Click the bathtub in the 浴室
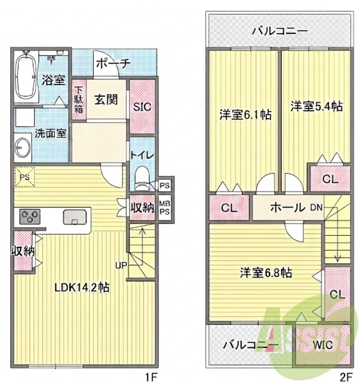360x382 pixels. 26,76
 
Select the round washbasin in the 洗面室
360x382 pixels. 23,148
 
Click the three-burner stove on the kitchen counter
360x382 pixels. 30,217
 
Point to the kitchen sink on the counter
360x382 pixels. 74,217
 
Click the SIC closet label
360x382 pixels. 142,106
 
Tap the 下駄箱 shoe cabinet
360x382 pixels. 79,100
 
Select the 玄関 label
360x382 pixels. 106,99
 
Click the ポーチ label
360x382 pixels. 113,63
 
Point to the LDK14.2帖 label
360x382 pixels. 81,288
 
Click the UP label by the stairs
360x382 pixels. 121,265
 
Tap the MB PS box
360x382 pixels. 165,208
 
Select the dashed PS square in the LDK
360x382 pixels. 24,177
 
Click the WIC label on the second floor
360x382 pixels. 323,345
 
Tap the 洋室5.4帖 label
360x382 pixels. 316,106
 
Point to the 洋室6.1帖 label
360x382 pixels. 245,115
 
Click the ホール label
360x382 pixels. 287,208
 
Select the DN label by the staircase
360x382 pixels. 316,208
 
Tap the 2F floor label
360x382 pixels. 347,377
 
